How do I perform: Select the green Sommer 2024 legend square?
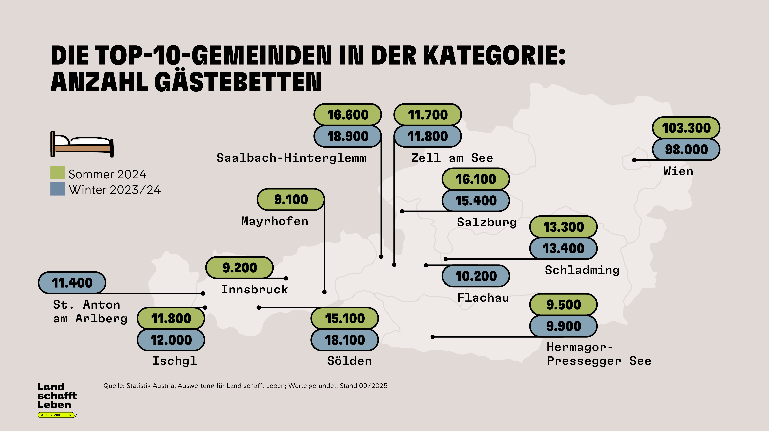point(58,173)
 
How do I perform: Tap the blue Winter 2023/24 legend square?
point(58,189)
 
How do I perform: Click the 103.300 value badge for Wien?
point(686,128)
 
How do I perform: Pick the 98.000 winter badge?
point(686,149)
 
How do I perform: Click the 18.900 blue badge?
point(347,136)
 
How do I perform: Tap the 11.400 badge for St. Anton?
point(72,283)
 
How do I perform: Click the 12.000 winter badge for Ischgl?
point(171,340)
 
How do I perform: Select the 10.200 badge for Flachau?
point(476,276)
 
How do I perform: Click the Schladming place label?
point(582,270)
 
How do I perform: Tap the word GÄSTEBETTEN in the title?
point(238,82)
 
